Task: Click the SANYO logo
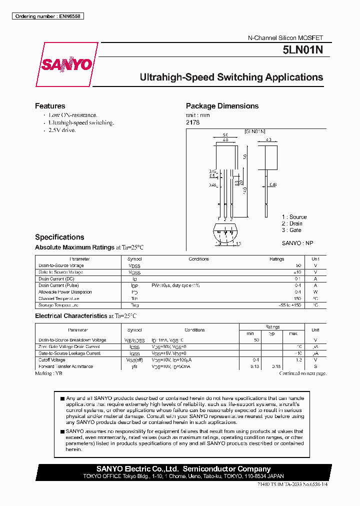pyautogui.click(x=66, y=64)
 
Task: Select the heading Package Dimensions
pyautogui.click(x=222, y=106)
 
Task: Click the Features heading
pyautogui.click(x=50, y=106)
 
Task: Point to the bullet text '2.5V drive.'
pyautogui.click(x=62, y=130)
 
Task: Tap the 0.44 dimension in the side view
pyautogui.click(x=272, y=184)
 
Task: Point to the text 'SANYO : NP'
pyautogui.click(x=297, y=242)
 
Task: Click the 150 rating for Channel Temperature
pyautogui.click(x=297, y=298)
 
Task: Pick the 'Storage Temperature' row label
pyautogui.click(x=58, y=305)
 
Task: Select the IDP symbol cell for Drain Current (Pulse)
pyautogui.click(x=134, y=285)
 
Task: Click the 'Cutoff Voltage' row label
pyautogui.click(x=52, y=360)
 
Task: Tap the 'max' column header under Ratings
pyautogui.click(x=293, y=333)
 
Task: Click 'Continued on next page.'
pyautogui.click(x=302, y=373)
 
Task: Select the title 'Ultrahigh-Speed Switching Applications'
pyautogui.click(x=231, y=77)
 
